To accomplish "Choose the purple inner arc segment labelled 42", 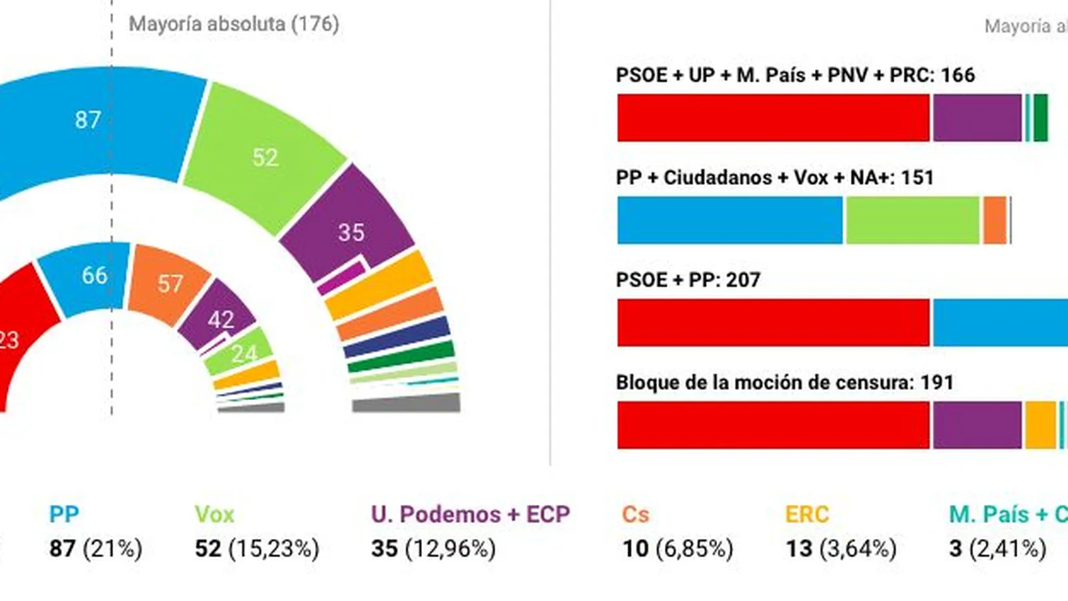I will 220,317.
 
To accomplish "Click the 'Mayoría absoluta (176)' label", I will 234,25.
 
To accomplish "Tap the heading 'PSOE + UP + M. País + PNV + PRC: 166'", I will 795,75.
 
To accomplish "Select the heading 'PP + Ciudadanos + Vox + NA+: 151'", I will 774,178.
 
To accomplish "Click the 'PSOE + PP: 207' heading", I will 688,280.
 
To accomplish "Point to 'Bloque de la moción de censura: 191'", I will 784,383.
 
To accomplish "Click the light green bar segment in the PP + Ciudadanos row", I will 912,220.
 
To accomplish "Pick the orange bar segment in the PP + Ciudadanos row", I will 995,220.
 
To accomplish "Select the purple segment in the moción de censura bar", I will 977,425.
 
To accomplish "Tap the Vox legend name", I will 214,514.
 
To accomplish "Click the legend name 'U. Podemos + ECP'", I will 471,514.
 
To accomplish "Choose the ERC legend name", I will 807,514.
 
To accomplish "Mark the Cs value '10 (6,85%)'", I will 678,549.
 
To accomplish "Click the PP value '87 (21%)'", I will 96,549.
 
